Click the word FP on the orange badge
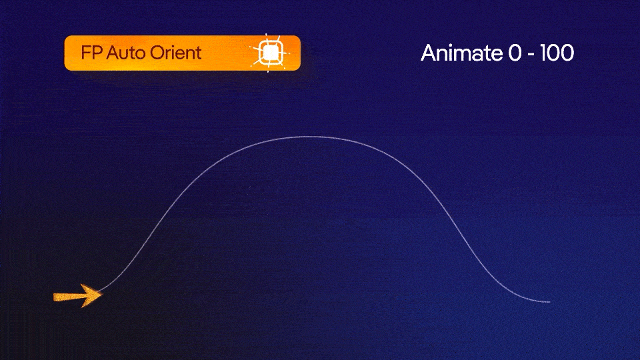[89, 53]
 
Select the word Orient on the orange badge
[175, 53]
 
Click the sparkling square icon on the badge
[269, 53]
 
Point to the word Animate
[461, 53]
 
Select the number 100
[557, 53]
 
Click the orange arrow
[77, 295]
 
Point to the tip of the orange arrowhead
[101, 294]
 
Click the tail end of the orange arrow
[55, 297]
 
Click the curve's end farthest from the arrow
[549, 302]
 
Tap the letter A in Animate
[428, 53]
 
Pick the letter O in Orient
[154, 53]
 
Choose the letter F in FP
[85, 53]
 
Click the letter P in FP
[95, 53]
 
